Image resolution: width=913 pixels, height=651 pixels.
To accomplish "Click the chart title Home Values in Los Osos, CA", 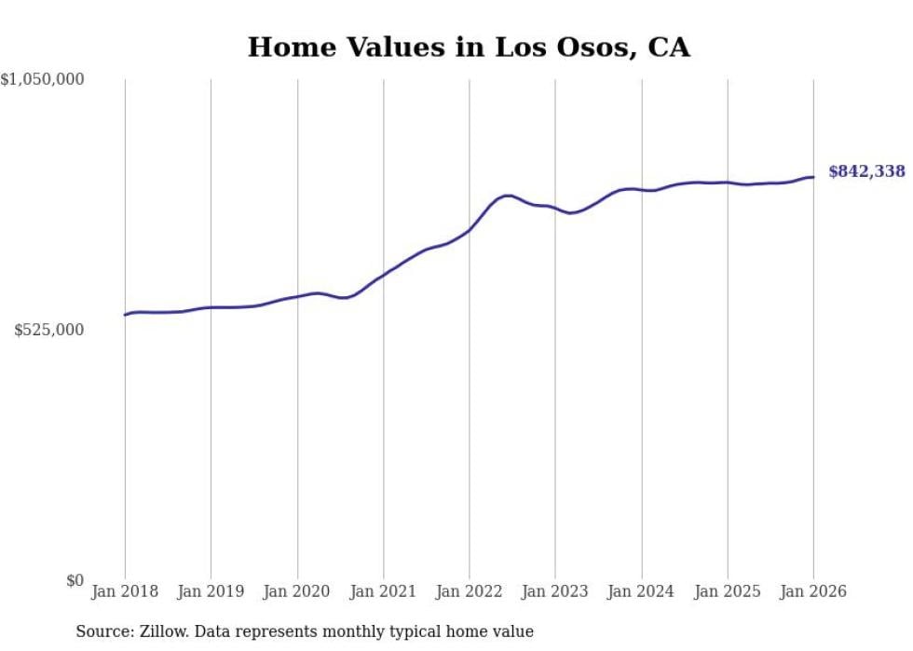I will coord(469,47).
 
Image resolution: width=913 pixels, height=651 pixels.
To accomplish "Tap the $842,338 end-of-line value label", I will coord(865,171).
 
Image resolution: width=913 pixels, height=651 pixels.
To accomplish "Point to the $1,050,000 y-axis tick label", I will coord(43,80).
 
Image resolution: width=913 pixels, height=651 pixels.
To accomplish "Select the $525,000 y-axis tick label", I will coord(49,331).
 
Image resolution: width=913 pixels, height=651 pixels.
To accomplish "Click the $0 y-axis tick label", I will coord(75,581).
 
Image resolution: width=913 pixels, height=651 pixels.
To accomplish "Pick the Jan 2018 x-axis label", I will coord(125,591).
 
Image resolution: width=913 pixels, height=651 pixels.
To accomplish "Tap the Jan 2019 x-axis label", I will coord(211,591).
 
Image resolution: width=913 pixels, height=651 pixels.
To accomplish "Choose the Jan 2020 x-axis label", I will coord(297,591).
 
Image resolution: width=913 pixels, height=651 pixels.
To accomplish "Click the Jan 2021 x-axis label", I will coord(383,591).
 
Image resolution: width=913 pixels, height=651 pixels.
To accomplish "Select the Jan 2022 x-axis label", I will coord(470,591).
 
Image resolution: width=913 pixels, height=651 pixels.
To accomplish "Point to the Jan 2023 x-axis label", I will coord(555,591).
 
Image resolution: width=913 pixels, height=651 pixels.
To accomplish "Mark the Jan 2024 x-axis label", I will coord(641,591).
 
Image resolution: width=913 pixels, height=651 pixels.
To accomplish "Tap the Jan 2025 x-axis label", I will coord(728,591).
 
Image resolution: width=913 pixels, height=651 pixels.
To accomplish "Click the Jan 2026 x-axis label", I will coord(813,591).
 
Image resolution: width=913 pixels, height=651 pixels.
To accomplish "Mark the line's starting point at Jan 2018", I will coord(125,315).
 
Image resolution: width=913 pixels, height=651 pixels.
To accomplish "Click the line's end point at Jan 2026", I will coord(813,177).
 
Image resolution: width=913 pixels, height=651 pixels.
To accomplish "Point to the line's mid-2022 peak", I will coord(507,196).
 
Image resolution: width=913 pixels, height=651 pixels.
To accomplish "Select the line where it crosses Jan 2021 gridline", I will coord(383,275).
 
